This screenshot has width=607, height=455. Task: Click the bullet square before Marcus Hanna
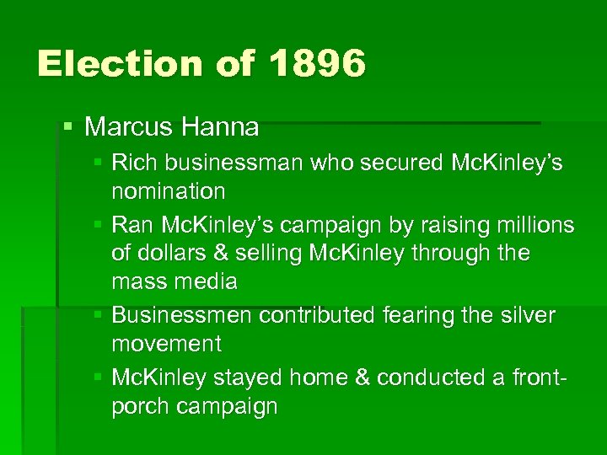[x=68, y=128]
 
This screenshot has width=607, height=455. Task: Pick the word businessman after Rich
[x=223, y=162]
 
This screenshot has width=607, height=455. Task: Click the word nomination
[x=169, y=191]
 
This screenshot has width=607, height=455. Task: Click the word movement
[x=166, y=344]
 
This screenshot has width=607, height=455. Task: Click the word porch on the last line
[x=138, y=407]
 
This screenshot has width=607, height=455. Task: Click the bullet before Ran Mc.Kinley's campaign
[x=99, y=226]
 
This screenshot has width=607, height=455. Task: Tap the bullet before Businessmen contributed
[x=99, y=315]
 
